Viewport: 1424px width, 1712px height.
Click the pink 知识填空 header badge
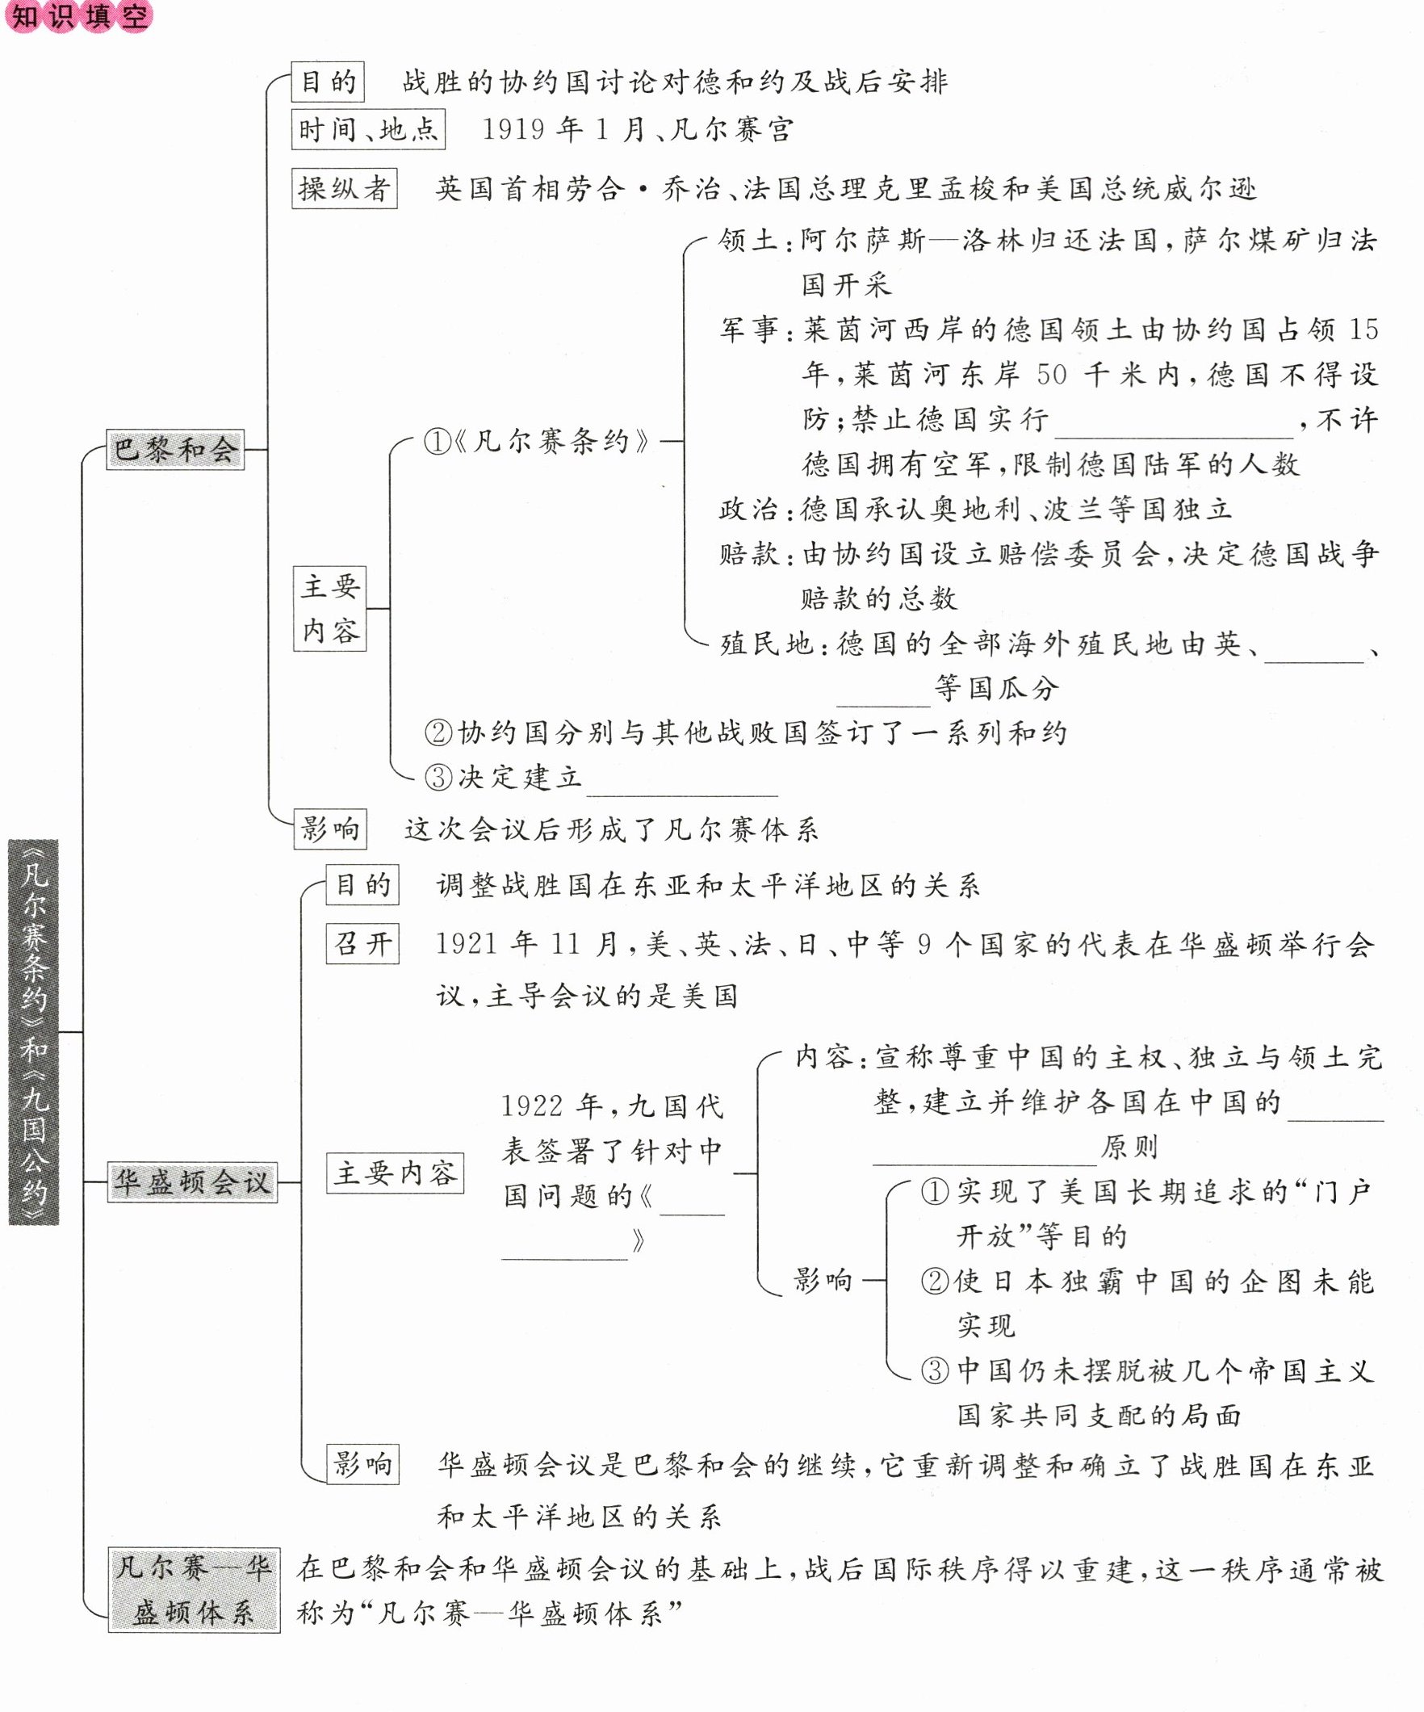click(79, 15)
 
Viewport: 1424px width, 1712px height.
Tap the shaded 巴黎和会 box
click(175, 449)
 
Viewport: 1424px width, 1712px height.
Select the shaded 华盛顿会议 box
click(192, 1181)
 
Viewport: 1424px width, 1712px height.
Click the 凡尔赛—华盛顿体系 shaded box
click(194, 1590)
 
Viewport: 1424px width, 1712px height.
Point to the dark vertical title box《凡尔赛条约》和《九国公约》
click(33, 1032)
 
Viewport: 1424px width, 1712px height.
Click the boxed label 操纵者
click(344, 189)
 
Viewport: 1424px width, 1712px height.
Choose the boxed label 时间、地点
click(368, 130)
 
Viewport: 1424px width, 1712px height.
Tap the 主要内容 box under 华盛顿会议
click(396, 1173)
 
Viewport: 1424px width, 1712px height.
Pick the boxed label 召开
click(362, 944)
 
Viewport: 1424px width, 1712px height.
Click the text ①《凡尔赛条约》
click(538, 441)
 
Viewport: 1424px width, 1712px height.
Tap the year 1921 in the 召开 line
click(467, 944)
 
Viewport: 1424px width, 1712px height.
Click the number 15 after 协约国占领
click(1363, 329)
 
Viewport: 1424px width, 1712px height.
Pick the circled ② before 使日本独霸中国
click(934, 1282)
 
